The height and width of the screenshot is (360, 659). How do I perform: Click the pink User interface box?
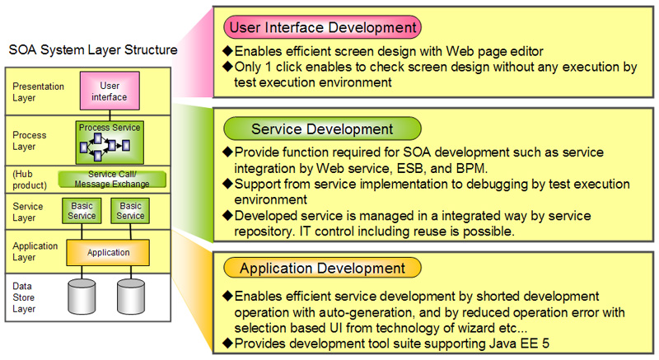(110, 91)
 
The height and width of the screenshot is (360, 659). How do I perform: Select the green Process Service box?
(110, 143)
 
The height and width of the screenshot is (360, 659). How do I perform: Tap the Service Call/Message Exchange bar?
(112, 179)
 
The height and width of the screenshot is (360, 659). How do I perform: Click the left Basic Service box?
(82, 211)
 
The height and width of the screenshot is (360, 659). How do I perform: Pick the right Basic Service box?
(130, 211)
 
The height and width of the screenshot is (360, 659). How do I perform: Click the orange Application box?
(108, 252)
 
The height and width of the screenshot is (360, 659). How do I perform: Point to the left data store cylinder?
(82, 297)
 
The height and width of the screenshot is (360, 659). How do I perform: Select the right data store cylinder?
(131, 297)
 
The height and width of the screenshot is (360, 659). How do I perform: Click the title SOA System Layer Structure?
(93, 49)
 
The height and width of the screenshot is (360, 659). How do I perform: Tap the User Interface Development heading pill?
(322, 27)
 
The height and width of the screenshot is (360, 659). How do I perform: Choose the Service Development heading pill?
(322, 129)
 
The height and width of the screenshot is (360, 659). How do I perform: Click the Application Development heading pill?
(322, 268)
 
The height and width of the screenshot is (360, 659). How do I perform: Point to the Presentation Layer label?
(38, 92)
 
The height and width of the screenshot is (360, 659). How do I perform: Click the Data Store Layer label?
(24, 297)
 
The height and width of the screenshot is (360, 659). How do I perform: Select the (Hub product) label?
(30, 180)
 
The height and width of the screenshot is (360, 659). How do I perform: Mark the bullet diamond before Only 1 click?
(228, 67)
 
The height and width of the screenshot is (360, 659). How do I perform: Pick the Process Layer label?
(30, 141)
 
